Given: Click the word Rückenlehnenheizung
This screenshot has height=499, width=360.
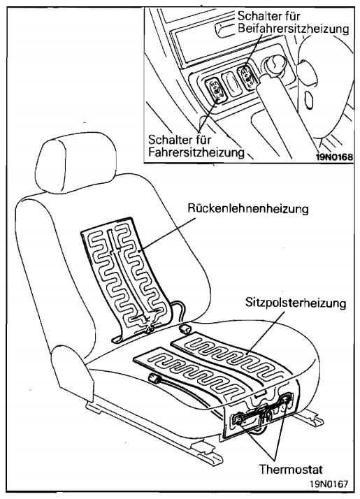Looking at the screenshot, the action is pyautogui.click(x=248, y=209).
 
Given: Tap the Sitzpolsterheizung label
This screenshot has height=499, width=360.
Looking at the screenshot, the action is pyautogui.click(x=296, y=303).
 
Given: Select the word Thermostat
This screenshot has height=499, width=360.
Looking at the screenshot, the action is pyautogui.click(x=291, y=469).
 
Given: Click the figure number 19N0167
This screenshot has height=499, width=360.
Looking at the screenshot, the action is pyautogui.click(x=329, y=484).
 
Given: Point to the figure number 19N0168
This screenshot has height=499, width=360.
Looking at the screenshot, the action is pyautogui.click(x=334, y=157).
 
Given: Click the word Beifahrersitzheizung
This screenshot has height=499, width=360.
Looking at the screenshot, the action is pyautogui.click(x=293, y=29).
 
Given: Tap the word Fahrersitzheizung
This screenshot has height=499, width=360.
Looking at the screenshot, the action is pyautogui.click(x=196, y=152).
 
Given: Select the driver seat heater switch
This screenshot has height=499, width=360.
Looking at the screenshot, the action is pyautogui.click(x=215, y=91).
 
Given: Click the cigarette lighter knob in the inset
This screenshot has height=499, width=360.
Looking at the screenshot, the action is pyautogui.click(x=273, y=65).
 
